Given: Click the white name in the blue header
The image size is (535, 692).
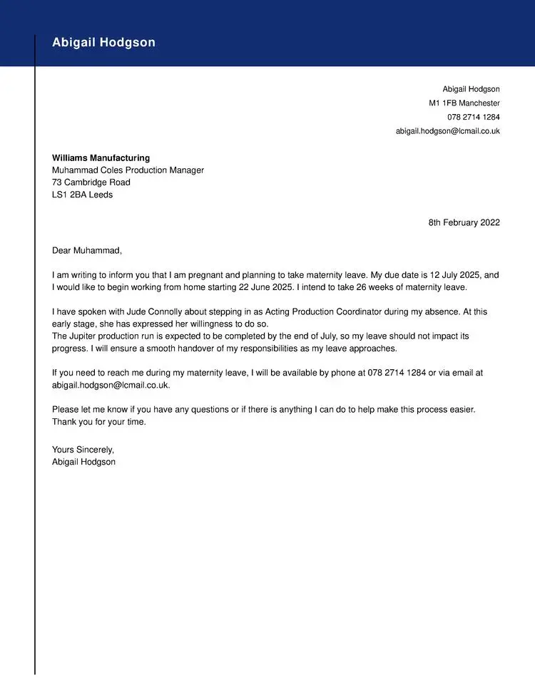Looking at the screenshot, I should pyautogui.click(x=103, y=43).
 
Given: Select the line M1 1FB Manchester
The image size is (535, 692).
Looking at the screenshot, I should pyautogui.click(x=464, y=103).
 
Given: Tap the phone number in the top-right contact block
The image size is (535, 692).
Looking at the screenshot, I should pyautogui.click(x=474, y=117).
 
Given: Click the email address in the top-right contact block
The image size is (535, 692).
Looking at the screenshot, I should pyautogui.click(x=448, y=131).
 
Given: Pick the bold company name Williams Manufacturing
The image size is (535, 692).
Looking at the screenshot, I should pyautogui.click(x=101, y=158).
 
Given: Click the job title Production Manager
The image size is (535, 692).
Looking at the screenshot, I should pyautogui.click(x=165, y=170).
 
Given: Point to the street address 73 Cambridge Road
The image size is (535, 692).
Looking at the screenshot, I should pyautogui.click(x=91, y=182).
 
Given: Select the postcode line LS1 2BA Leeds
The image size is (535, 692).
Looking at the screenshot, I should pyautogui.click(x=82, y=195).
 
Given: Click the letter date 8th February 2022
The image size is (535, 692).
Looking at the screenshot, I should pyautogui.click(x=464, y=222).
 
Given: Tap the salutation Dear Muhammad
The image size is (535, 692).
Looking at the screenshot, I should pyautogui.click(x=87, y=250).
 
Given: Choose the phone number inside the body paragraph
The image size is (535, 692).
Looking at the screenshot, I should pyautogui.click(x=396, y=373).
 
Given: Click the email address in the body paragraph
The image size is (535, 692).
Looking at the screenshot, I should pyautogui.click(x=110, y=385).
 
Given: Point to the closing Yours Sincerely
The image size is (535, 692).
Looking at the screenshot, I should pyautogui.click(x=83, y=450).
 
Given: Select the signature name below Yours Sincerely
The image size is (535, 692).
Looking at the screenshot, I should pyautogui.click(x=83, y=462).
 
